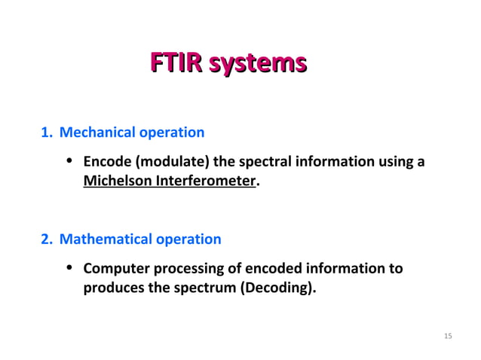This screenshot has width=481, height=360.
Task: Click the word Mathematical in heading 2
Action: [104, 239]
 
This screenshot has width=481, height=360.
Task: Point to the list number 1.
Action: [45, 133]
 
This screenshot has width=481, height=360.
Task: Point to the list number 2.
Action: [45, 239]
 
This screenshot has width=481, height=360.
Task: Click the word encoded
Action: [277, 269]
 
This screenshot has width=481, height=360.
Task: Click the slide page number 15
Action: [448, 335]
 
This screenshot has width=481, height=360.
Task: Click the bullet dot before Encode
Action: [69, 161]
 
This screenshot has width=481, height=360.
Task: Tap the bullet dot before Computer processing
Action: [69, 268]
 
